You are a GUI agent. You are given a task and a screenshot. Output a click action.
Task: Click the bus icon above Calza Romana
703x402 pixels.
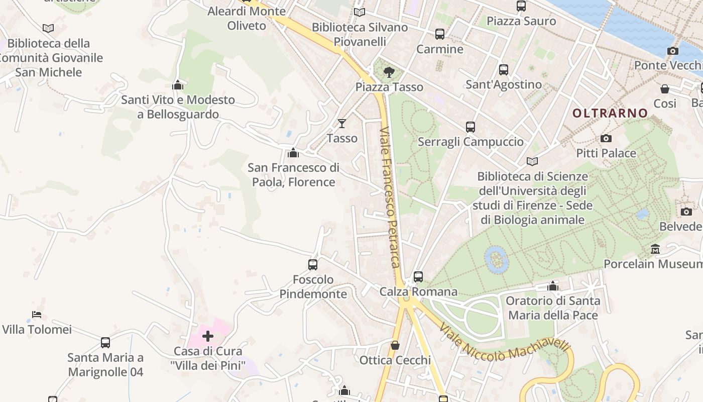click(x=418, y=276)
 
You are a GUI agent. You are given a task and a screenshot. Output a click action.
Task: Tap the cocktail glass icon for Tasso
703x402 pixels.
click(x=342, y=123)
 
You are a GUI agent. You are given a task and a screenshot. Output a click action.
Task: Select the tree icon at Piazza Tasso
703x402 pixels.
click(x=389, y=72)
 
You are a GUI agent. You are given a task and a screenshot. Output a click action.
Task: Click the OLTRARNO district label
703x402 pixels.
click(x=610, y=113)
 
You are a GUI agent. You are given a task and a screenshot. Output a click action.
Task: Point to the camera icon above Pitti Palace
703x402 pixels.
click(x=606, y=138)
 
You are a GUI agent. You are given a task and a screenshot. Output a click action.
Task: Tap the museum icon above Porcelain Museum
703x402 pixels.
click(x=655, y=249)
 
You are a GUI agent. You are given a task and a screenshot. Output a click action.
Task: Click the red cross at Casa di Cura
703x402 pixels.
click(x=208, y=336)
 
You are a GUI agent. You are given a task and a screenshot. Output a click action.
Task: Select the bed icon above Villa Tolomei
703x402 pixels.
click(x=37, y=315)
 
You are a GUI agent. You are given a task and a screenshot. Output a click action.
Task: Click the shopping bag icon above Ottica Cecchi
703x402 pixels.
click(x=395, y=345)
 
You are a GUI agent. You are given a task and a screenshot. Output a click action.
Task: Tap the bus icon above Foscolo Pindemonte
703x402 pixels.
click(x=313, y=264)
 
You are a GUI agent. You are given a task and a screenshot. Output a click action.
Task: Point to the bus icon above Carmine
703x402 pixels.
click(x=440, y=34)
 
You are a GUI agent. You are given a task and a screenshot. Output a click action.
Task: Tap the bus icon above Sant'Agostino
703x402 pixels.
click(x=504, y=70)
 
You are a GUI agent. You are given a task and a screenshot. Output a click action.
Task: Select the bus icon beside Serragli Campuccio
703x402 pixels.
click(x=470, y=127)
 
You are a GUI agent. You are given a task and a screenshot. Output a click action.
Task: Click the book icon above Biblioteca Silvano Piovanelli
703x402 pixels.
click(x=360, y=13)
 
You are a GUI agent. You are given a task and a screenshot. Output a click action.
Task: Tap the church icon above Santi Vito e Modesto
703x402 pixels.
click(x=178, y=85)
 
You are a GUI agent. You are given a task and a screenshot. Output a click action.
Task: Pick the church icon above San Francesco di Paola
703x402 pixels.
click(x=293, y=152)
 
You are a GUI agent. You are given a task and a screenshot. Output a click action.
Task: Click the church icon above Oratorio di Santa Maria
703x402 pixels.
click(x=553, y=286)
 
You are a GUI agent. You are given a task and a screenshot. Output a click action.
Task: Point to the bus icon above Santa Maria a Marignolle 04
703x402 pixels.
click(x=105, y=343)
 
